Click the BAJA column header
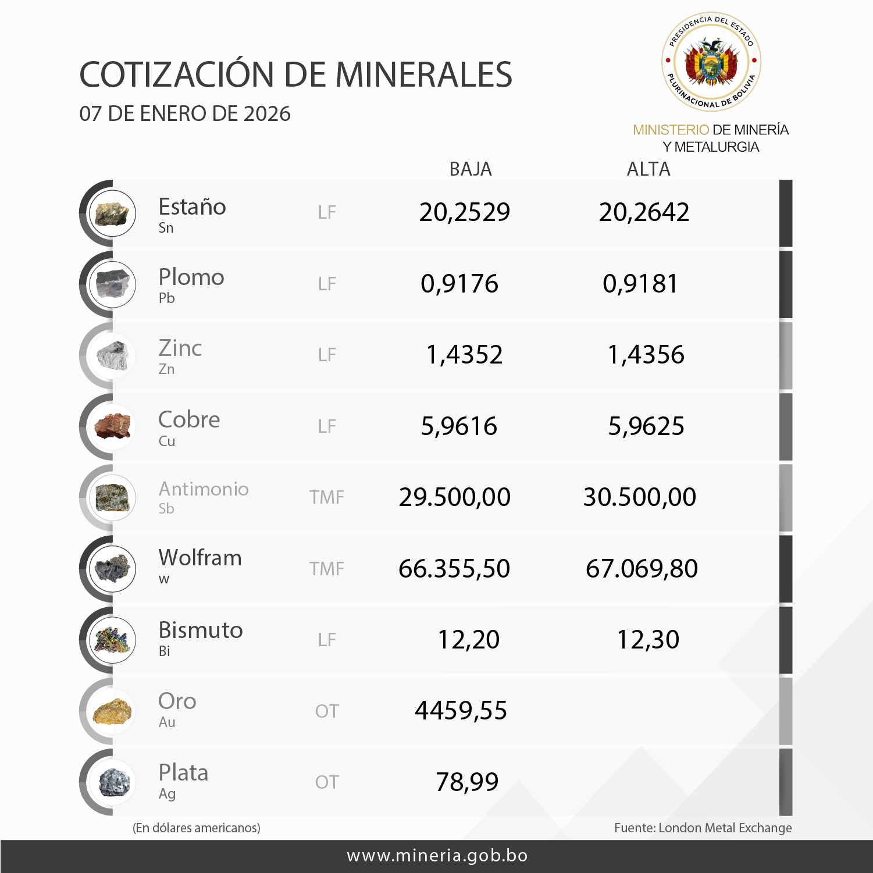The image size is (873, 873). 470,169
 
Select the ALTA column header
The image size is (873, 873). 648,169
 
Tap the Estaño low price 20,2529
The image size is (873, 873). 464,212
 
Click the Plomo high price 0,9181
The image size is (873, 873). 640,284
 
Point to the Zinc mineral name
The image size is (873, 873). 180,348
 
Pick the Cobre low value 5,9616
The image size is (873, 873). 459,426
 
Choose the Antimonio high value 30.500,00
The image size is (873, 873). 639,497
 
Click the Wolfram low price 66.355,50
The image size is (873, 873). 454,569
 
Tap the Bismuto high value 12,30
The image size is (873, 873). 647,640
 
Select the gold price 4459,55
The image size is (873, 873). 461,711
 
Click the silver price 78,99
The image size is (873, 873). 467,782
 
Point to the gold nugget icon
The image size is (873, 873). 112,711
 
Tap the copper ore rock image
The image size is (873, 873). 112,426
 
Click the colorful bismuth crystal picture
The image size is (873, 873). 112,640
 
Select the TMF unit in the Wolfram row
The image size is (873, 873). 326,569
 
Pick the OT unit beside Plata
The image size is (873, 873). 326,782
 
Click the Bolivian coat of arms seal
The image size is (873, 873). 711,62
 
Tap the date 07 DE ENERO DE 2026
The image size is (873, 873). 185,114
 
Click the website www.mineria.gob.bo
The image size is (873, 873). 437,856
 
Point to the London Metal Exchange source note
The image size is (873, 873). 703,828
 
